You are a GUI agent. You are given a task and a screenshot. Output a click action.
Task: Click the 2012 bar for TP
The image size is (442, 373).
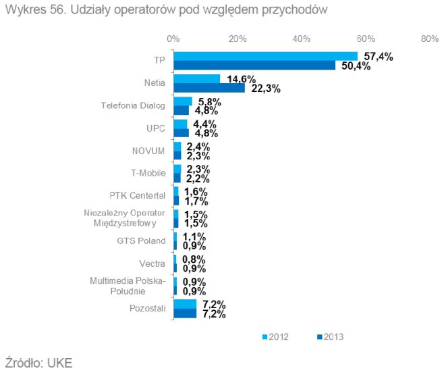point(265,56)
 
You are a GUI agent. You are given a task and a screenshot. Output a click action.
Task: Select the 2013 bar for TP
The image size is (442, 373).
point(254,65)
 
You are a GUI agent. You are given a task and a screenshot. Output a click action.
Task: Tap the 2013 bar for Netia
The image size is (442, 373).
point(209,87)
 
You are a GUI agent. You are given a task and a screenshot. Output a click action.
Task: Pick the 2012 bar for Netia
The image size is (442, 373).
point(197,79)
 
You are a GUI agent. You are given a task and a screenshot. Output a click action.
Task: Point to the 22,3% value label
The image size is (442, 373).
point(266,88)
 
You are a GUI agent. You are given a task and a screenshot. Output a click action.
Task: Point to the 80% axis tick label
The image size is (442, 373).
point(429,39)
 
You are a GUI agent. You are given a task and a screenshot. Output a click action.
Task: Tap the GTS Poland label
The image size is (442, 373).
point(141,241)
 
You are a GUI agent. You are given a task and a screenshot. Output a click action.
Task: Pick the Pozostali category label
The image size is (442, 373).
point(146,309)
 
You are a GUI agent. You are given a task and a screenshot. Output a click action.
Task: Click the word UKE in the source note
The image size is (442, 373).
point(57,362)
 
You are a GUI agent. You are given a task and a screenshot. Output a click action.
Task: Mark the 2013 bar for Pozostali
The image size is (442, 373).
point(185,313)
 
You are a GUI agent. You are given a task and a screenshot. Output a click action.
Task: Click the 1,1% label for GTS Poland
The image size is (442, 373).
point(194,237)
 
